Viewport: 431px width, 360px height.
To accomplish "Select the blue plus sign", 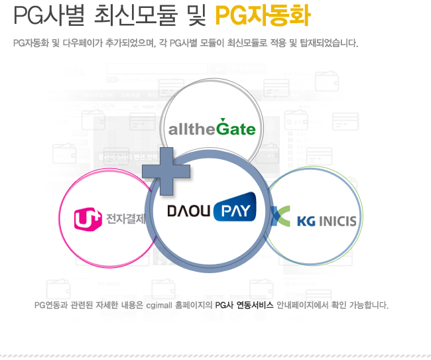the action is pos(166,170).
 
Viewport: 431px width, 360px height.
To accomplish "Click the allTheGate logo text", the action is pos(212,127).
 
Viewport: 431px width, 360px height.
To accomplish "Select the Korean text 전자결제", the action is pos(125,219).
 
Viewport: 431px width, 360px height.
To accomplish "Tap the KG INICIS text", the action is pos(327,221).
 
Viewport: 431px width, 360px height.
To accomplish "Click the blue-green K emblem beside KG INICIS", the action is pos(280,216).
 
